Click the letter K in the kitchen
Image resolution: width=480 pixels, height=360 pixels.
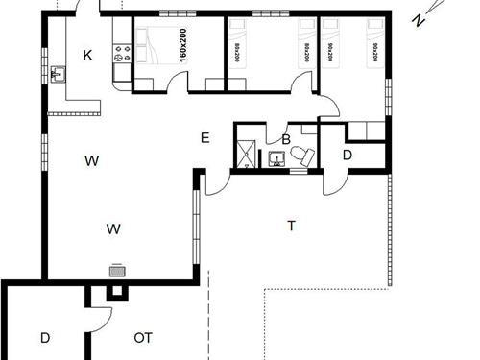87,57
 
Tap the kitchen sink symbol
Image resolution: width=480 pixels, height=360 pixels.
59,73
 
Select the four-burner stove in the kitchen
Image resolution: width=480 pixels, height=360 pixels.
121,54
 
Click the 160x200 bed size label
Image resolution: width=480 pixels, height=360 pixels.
181,44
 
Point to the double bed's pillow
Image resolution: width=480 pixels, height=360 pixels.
146,41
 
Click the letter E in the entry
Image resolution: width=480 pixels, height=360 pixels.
204,138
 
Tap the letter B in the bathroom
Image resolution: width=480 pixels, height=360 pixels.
285,140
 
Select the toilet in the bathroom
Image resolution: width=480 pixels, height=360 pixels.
305,156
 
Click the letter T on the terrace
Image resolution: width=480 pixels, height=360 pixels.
290,227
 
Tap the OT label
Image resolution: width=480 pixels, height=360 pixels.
143,337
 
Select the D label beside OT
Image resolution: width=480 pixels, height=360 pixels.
45,337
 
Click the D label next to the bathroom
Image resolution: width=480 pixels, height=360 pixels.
347,154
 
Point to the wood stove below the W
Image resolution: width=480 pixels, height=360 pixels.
117,270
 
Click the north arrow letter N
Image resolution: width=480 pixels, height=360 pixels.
418,19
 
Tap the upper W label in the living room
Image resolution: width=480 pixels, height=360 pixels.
91,160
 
